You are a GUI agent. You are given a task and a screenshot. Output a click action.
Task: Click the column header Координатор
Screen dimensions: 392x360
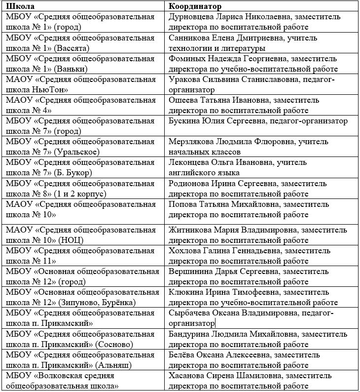pyautogui.click(x=195, y=6)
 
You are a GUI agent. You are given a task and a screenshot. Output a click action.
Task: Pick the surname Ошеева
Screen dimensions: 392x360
pyautogui.click(x=182, y=100)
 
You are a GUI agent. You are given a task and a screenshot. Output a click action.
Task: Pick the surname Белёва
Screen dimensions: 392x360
pyautogui.click(x=181, y=355)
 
